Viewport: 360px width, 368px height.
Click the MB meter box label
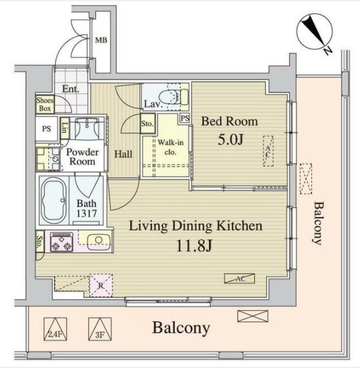pos(101,40)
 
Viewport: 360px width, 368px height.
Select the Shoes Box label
pos(45,104)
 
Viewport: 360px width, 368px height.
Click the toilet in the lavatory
pos(174,97)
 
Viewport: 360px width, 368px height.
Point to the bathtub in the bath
pos(54,200)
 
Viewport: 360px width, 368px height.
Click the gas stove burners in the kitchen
pos(61,242)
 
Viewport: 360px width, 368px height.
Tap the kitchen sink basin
pos(99,242)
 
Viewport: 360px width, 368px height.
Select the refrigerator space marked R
pos(101,286)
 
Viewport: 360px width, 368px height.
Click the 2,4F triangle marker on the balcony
pos(55,329)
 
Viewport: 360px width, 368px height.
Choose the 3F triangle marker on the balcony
pos(100,329)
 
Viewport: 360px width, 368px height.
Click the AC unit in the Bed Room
pos(268,151)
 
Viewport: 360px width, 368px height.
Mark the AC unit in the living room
pos(240,279)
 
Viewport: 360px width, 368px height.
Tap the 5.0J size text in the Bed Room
pos(231,140)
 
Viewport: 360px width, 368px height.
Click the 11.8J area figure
pos(195,246)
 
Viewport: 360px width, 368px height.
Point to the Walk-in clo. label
pos(170,147)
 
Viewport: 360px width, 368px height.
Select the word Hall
pos(124,154)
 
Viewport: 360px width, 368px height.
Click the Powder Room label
pos(82,157)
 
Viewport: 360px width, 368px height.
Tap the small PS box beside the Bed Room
pos(185,118)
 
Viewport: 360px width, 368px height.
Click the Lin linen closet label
pos(65,128)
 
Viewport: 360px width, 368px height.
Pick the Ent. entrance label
pos(70,89)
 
